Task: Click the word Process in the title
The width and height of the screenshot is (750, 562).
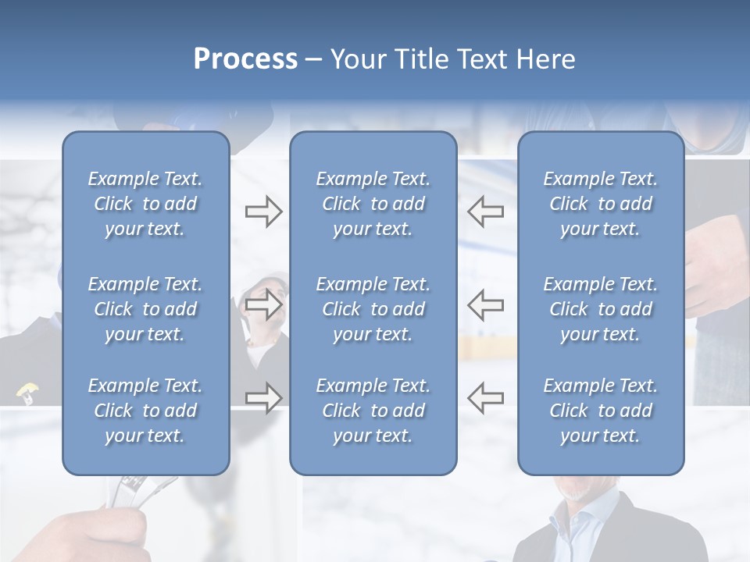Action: pos(245,59)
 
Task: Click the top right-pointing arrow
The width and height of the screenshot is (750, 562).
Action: pos(263,212)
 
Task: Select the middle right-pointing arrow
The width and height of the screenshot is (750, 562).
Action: pos(263,304)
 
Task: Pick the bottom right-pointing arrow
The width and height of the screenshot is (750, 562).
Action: pos(263,398)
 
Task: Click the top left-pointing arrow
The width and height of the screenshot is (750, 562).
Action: pos(485,212)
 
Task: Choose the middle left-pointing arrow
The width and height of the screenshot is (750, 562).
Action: pos(485,304)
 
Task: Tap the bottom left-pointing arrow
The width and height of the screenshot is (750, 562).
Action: pos(485,398)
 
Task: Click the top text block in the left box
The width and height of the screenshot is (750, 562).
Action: pos(145,204)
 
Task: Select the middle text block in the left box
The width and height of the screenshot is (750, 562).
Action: pos(145,309)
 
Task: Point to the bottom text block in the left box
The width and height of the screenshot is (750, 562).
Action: pos(145,411)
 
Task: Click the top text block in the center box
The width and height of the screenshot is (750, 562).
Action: pos(373,204)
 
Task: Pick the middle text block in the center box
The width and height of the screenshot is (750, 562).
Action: pos(373,309)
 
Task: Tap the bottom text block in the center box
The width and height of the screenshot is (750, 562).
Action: pos(373,411)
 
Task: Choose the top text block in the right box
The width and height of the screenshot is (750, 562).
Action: pos(601,204)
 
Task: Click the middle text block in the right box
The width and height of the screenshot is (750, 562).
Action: pos(601,309)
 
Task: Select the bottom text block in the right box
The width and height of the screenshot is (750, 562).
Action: pos(601,411)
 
